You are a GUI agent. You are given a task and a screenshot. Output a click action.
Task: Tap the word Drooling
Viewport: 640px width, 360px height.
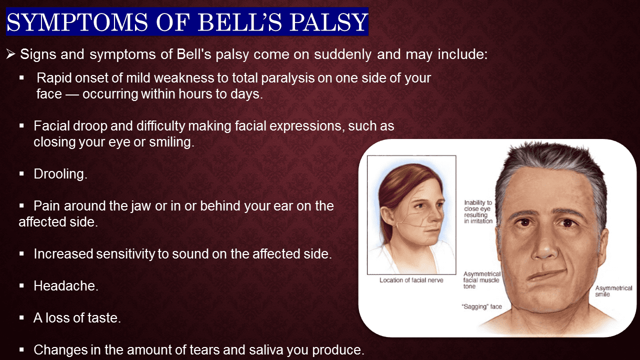pos(60,174)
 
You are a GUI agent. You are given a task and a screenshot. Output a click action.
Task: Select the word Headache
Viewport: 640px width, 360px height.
pos(65,286)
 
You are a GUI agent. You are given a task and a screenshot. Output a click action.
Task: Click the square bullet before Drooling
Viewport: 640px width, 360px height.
pos(22,174)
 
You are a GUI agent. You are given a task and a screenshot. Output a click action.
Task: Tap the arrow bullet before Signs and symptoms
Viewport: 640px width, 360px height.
pos(11,54)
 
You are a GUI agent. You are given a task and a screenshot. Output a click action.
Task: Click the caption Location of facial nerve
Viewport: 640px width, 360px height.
pos(411,280)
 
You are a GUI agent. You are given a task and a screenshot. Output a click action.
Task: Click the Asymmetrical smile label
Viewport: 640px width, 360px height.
pos(613,291)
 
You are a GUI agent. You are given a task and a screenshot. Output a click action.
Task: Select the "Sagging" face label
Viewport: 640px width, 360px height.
pos(482,306)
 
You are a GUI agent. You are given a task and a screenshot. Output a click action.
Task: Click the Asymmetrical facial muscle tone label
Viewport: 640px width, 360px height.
pos(482,280)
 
